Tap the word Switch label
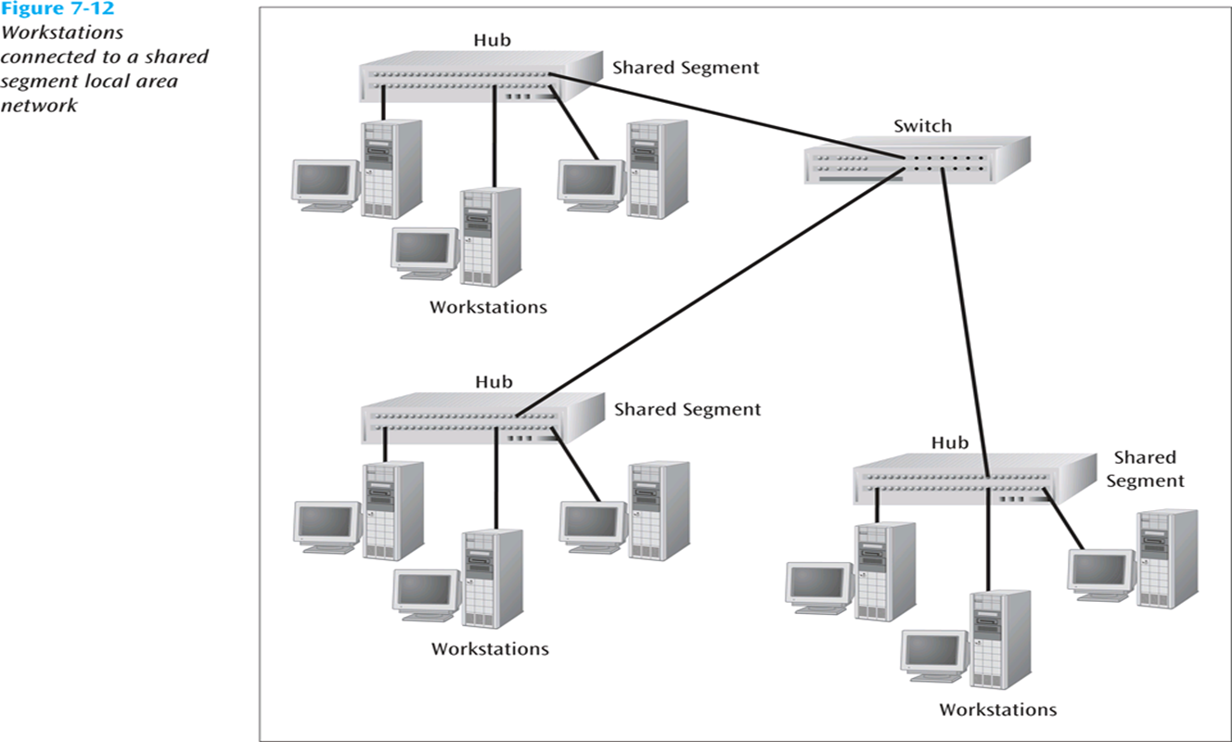point(922,126)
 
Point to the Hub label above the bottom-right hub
point(950,442)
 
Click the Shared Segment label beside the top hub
point(686,68)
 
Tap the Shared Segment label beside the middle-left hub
point(687,409)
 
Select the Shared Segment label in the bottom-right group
point(1145,468)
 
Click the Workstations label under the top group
point(488,307)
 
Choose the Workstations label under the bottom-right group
point(997,710)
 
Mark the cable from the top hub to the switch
point(724,121)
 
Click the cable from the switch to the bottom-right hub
point(966,325)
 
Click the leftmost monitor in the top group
point(324,182)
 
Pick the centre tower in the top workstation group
point(489,237)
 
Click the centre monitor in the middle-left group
point(426,591)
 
